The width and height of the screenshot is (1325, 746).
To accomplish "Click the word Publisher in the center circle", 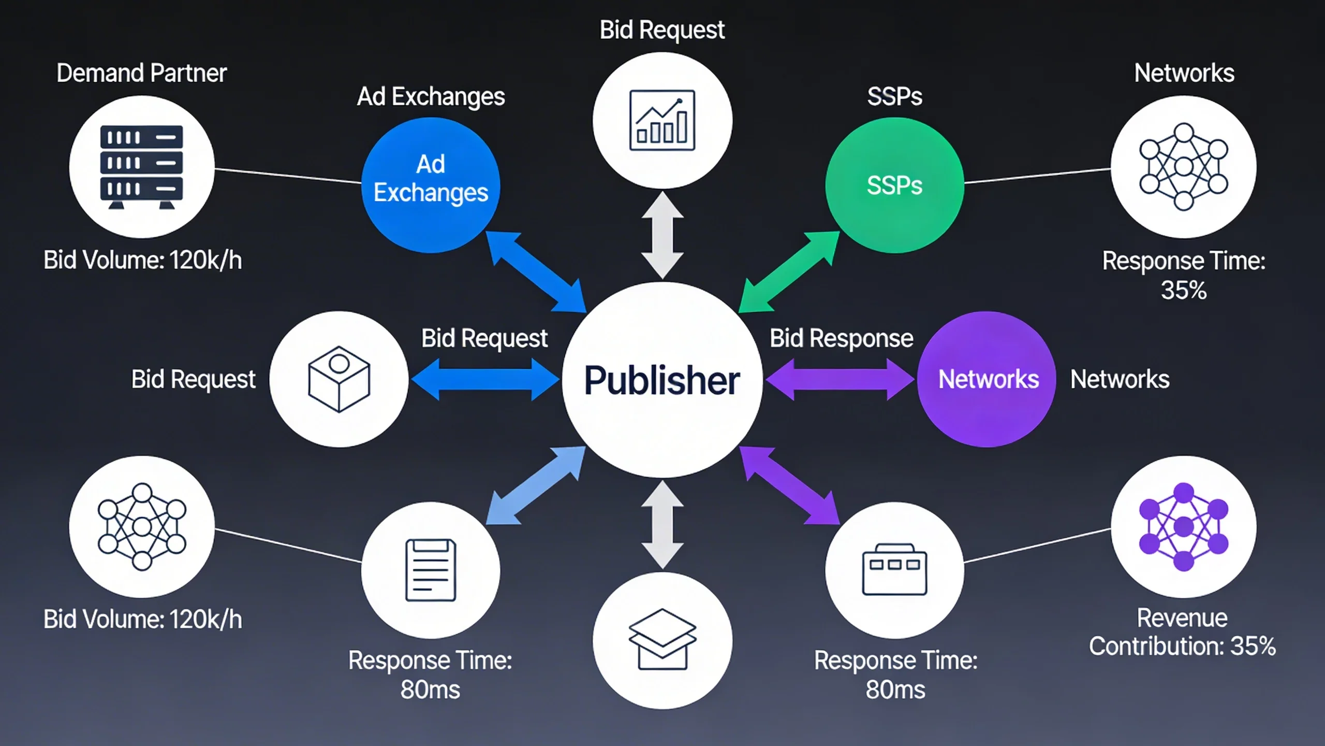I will pyautogui.click(x=662, y=380).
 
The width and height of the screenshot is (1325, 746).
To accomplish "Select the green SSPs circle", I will pyautogui.click(x=894, y=184).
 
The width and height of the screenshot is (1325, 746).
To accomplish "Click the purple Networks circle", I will pyautogui.click(x=987, y=379).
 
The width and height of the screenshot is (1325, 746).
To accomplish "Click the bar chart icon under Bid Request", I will pyautogui.click(x=662, y=120).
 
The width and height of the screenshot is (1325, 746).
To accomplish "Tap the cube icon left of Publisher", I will pyautogui.click(x=339, y=379).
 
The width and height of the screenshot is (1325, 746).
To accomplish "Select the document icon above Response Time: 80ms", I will pyautogui.click(x=431, y=570).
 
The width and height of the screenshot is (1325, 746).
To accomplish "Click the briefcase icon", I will pyautogui.click(x=894, y=570).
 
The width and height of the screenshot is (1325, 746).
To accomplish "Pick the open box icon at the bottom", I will pyautogui.click(x=662, y=640).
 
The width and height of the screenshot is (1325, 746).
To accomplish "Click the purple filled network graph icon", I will pyautogui.click(x=1183, y=527).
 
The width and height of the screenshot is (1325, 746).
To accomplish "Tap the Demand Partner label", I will pyautogui.click(x=141, y=73).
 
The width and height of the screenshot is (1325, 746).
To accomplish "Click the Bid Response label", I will pyautogui.click(x=841, y=338).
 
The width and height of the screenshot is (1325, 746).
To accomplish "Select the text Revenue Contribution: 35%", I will pyautogui.click(x=1182, y=632).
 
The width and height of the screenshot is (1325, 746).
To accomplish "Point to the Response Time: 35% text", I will pyautogui.click(x=1183, y=275).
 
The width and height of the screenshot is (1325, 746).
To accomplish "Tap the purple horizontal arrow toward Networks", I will pyautogui.click(x=840, y=379).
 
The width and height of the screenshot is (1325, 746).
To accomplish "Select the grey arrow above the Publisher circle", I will pyautogui.click(x=662, y=236).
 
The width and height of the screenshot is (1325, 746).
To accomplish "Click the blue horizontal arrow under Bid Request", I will pyautogui.click(x=485, y=380).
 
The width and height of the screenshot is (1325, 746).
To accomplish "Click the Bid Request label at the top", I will pyautogui.click(x=662, y=30).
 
